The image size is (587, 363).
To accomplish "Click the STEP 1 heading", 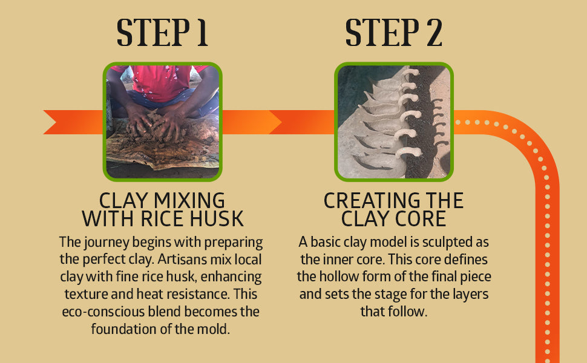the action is [x=162, y=33].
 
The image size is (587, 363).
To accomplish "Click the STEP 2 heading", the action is [x=393, y=33].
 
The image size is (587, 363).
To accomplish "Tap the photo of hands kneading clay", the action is [x=162, y=122].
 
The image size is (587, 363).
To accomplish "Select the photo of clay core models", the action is [x=394, y=122].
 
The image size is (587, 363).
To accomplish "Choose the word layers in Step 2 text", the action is [x=471, y=295].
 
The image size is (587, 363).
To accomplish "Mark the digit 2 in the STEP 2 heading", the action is [x=433, y=33].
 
